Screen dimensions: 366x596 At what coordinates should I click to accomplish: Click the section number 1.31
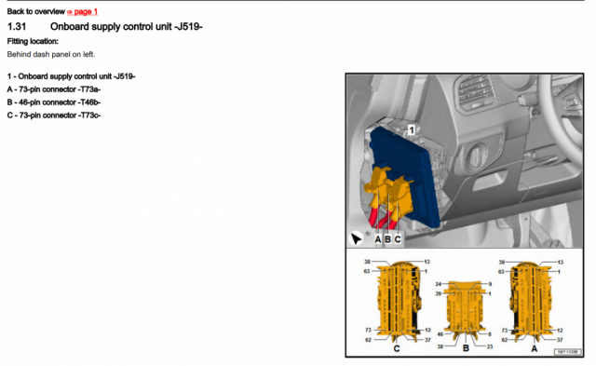20,26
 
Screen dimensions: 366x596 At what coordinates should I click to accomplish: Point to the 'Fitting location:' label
33,41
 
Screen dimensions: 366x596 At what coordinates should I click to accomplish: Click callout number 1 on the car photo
411,131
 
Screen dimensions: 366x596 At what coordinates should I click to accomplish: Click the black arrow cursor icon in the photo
356,238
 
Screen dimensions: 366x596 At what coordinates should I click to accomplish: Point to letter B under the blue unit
387,239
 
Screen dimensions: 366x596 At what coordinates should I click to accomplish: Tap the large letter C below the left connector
397,348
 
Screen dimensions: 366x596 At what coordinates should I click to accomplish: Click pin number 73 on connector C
368,331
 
